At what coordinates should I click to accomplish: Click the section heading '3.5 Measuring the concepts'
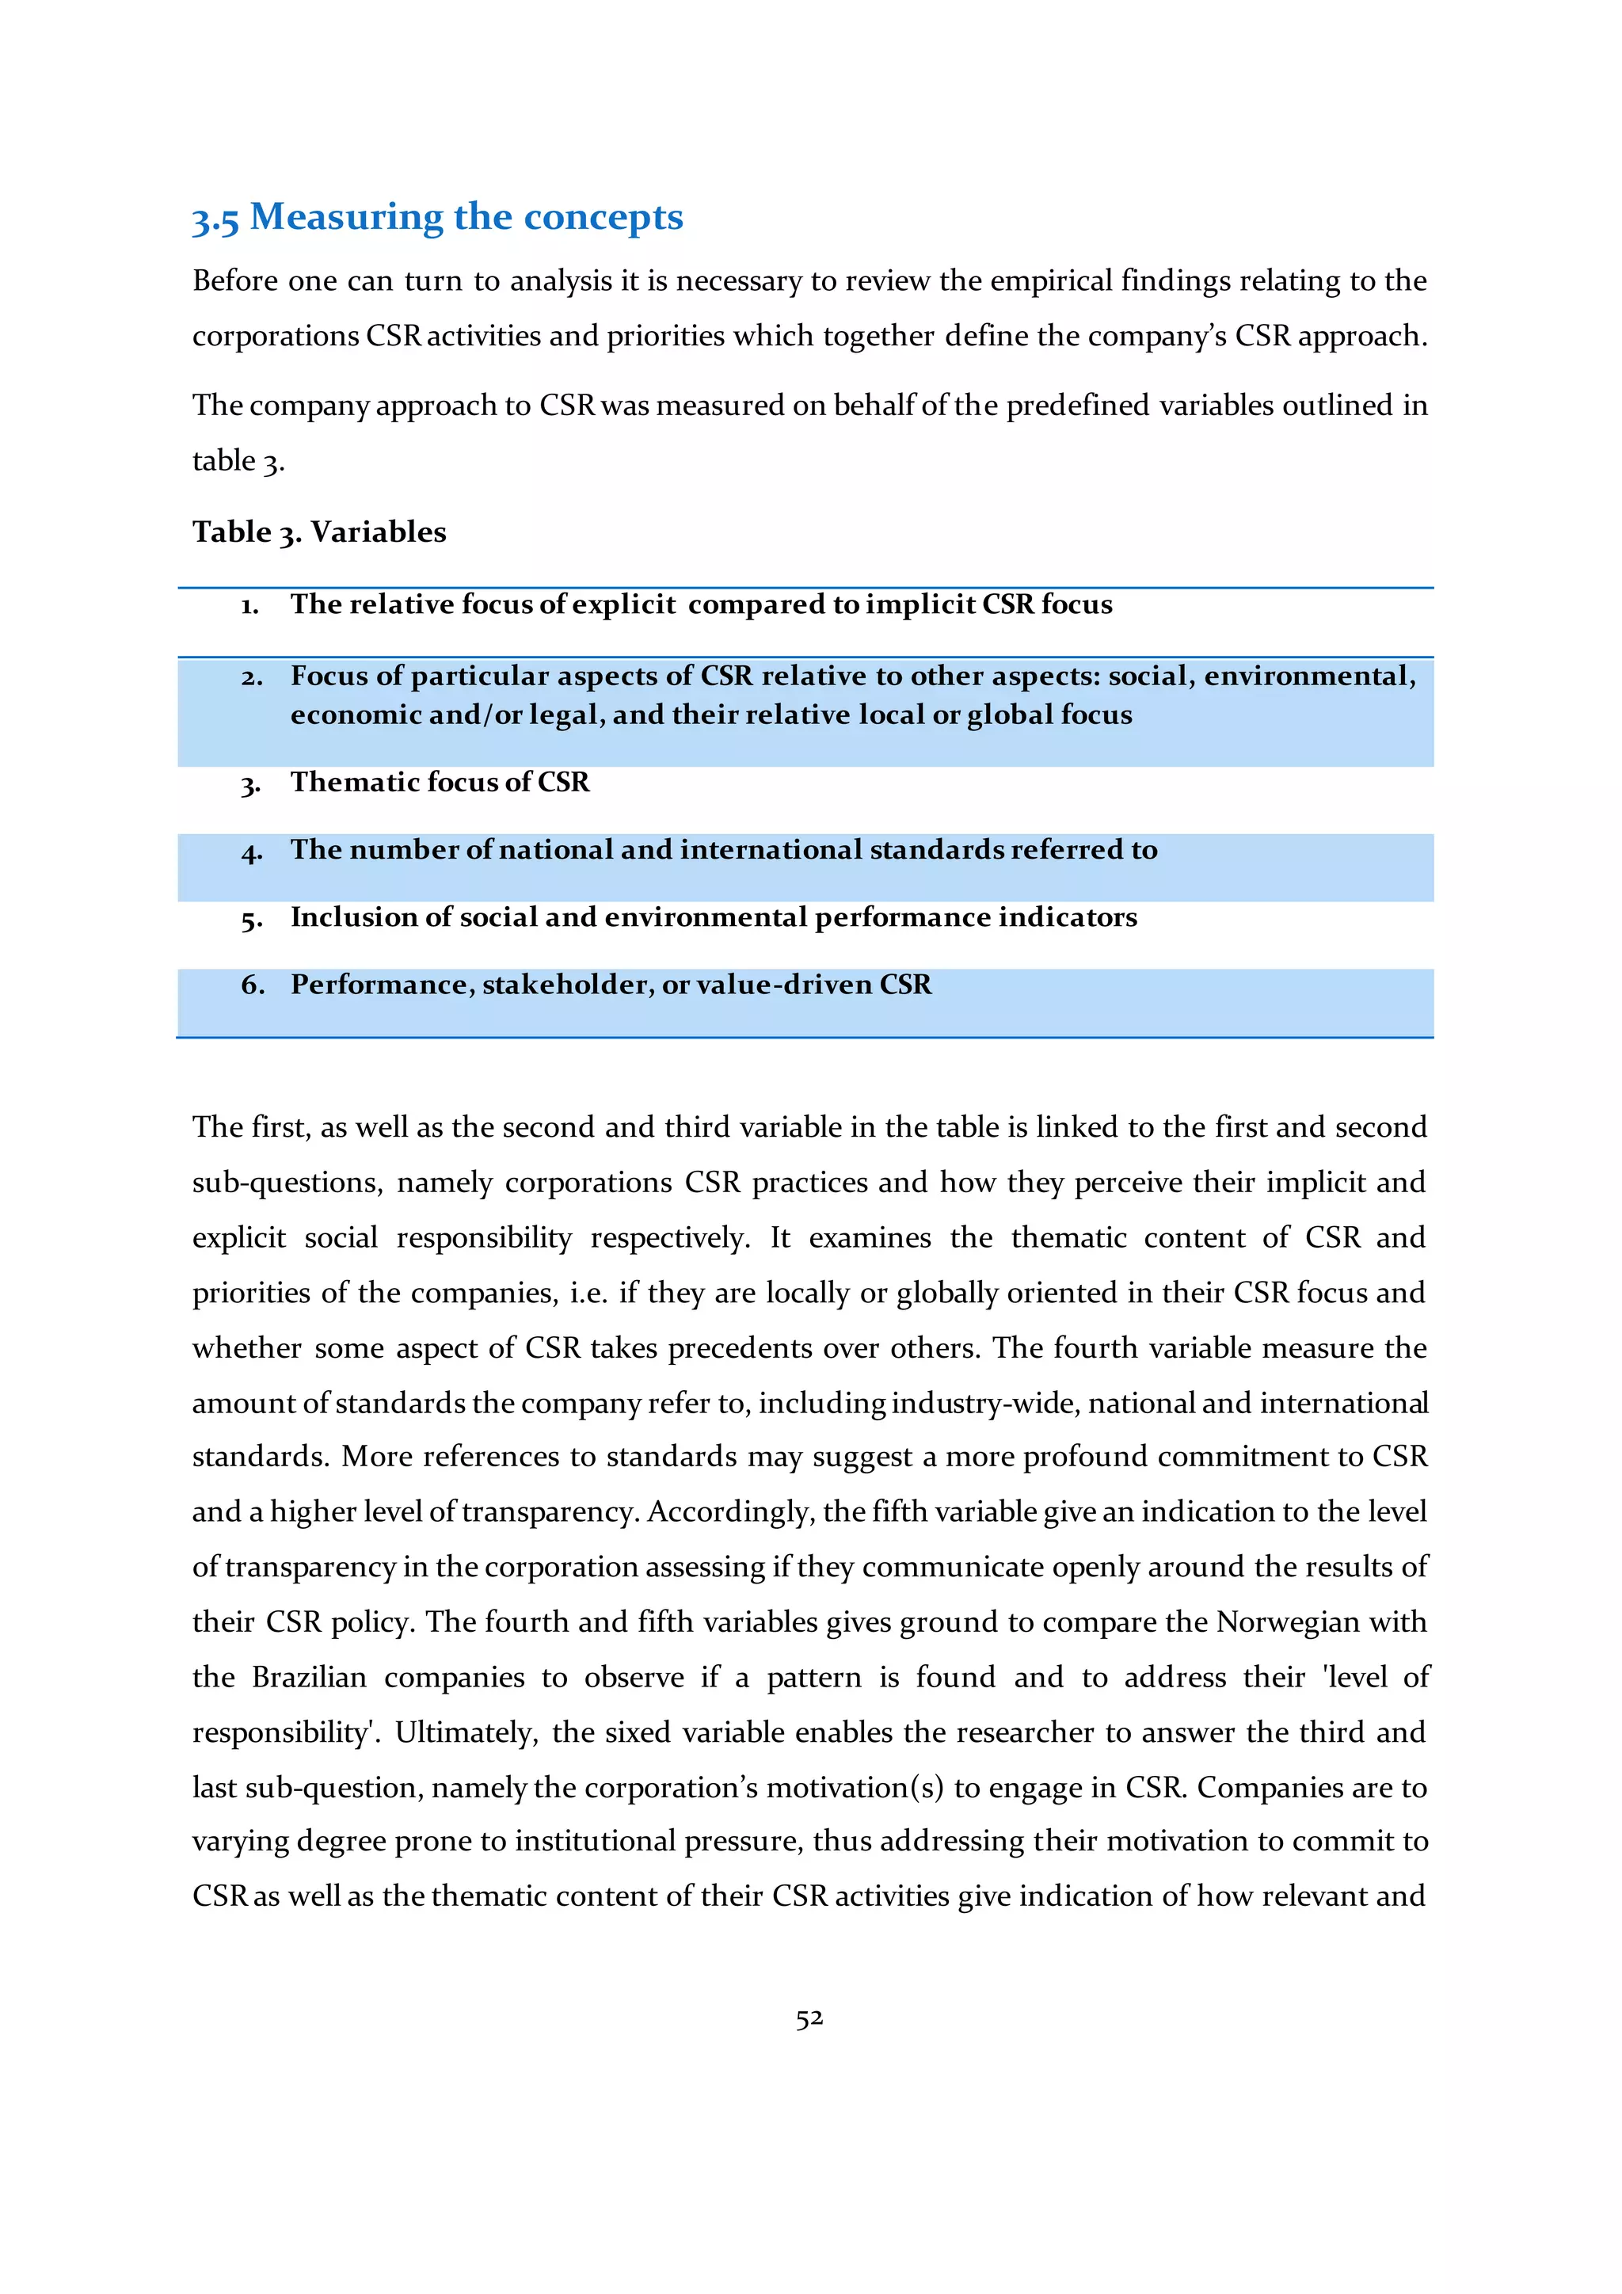click(437, 217)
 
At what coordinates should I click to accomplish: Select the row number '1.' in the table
click(249, 605)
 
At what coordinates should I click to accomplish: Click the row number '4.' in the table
click(251, 852)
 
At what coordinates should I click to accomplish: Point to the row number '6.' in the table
click(253, 985)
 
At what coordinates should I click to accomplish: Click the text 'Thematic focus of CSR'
click(440, 783)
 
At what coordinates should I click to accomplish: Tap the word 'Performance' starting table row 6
click(379, 985)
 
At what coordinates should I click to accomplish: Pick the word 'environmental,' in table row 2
click(1309, 676)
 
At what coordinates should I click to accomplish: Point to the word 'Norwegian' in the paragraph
click(1288, 1621)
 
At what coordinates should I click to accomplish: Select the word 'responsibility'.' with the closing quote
click(287, 1732)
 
